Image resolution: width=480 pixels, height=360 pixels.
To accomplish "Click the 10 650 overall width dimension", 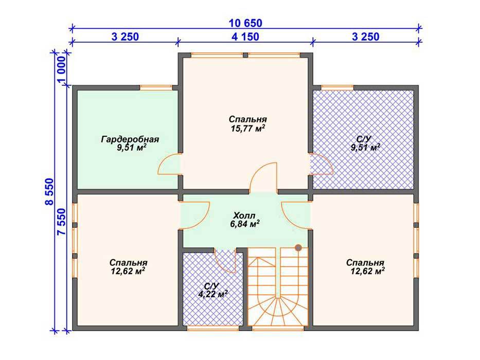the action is coord(245,23).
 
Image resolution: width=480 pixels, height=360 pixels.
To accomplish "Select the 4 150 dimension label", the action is coord(245,37).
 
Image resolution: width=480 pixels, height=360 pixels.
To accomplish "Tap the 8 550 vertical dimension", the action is coord(49,192).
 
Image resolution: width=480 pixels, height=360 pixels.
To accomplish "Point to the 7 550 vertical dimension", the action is coord(62,222).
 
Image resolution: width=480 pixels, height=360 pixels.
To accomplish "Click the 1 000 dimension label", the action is coord(62,70).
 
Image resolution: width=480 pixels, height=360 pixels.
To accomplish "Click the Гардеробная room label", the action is coord(130,139).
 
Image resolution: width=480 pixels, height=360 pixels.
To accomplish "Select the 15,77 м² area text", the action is coord(247,128).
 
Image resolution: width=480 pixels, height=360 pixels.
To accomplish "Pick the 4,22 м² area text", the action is coord(213,294).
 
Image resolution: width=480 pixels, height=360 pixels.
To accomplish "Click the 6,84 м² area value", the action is coord(245,224).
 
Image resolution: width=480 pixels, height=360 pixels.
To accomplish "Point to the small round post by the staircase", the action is coord(298,247).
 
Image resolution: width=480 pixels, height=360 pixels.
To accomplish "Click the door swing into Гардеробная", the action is coord(169,164).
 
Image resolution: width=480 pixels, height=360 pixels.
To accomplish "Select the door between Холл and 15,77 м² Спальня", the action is coord(263,177).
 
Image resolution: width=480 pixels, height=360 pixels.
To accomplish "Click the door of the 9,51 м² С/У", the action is coord(321,164).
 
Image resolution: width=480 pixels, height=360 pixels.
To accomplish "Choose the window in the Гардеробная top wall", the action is coord(156,87).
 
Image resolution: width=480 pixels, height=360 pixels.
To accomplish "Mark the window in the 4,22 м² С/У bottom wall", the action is coord(213,328).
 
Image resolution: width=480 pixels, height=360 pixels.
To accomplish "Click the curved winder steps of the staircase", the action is coord(278,310).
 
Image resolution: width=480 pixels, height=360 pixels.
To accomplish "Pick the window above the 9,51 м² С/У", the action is coord(337,87).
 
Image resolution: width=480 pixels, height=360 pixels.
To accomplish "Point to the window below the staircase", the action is coord(278,328).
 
